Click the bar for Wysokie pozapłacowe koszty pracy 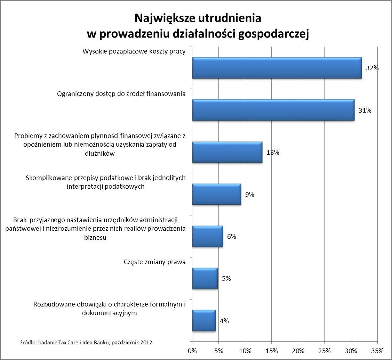pyautogui.click(x=277, y=68)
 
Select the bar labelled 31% pyautogui.click(x=273, y=110)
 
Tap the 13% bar pyautogui.click(x=227, y=152)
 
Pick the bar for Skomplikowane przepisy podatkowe pyautogui.click(x=216, y=194)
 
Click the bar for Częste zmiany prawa pyautogui.click(x=205, y=278)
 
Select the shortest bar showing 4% pyautogui.click(x=203, y=320)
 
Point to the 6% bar pyautogui.click(x=207, y=236)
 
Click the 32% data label pyautogui.click(x=372, y=68)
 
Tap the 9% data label pyautogui.click(x=249, y=195)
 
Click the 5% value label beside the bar pyautogui.click(x=226, y=278)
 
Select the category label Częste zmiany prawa pyautogui.click(x=154, y=262)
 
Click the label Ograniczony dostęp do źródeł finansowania pyautogui.click(x=121, y=94)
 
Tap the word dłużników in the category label pyautogui.click(x=100, y=153)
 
